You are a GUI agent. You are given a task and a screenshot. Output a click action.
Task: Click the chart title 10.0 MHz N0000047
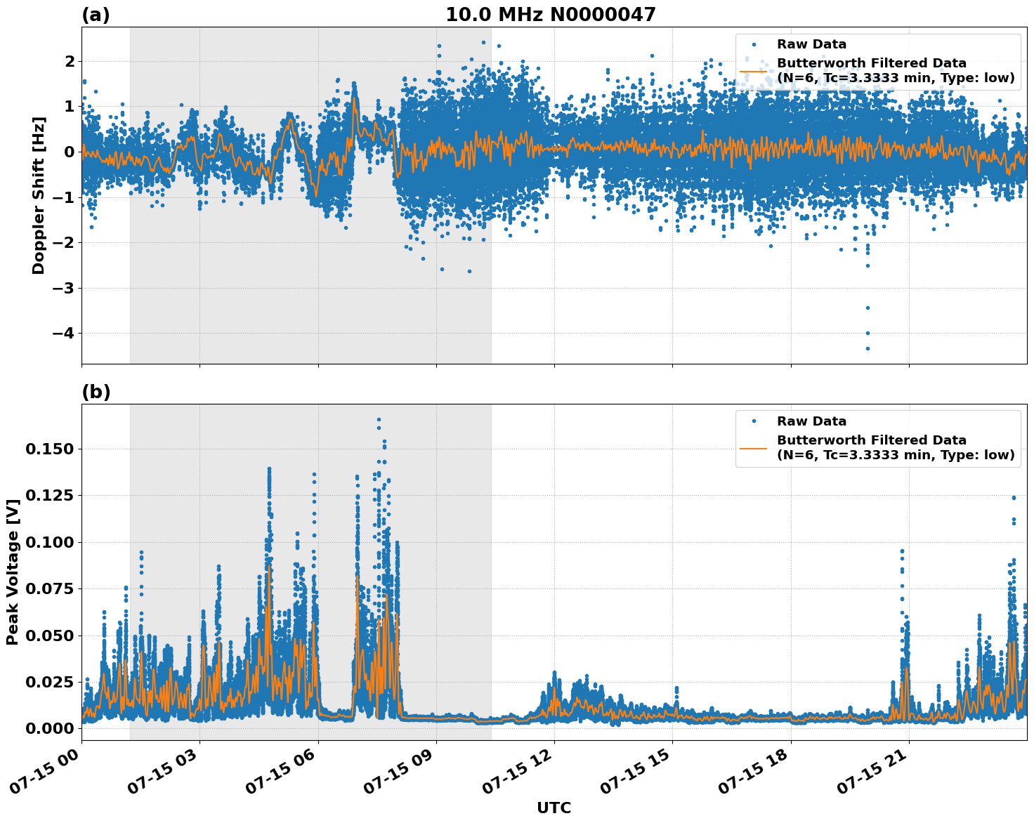(x=550, y=15)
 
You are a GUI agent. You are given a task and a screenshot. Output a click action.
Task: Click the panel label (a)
(x=96, y=15)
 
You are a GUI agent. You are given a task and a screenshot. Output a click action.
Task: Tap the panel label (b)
(x=96, y=392)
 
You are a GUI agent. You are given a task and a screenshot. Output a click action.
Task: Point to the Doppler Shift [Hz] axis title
(x=39, y=195)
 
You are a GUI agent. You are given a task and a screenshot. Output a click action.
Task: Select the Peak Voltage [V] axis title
(x=13, y=572)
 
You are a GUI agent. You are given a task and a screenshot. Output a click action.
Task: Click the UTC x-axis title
(x=554, y=808)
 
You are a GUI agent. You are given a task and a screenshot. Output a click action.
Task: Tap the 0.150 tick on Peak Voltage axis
(x=48, y=449)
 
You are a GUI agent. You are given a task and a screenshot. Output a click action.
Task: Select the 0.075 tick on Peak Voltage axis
(x=48, y=588)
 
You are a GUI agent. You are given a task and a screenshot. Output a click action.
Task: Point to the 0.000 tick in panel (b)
(x=48, y=728)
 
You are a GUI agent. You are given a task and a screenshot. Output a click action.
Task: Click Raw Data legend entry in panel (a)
(x=811, y=44)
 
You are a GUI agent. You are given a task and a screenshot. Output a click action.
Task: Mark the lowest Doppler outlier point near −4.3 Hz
(x=868, y=348)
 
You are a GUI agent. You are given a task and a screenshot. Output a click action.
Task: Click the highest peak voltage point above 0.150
(x=379, y=419)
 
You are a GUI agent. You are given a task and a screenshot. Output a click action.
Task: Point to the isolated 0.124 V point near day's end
(x=1014, y=498)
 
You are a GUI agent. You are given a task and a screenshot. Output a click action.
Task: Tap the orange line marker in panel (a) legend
(x=754, y=71)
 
